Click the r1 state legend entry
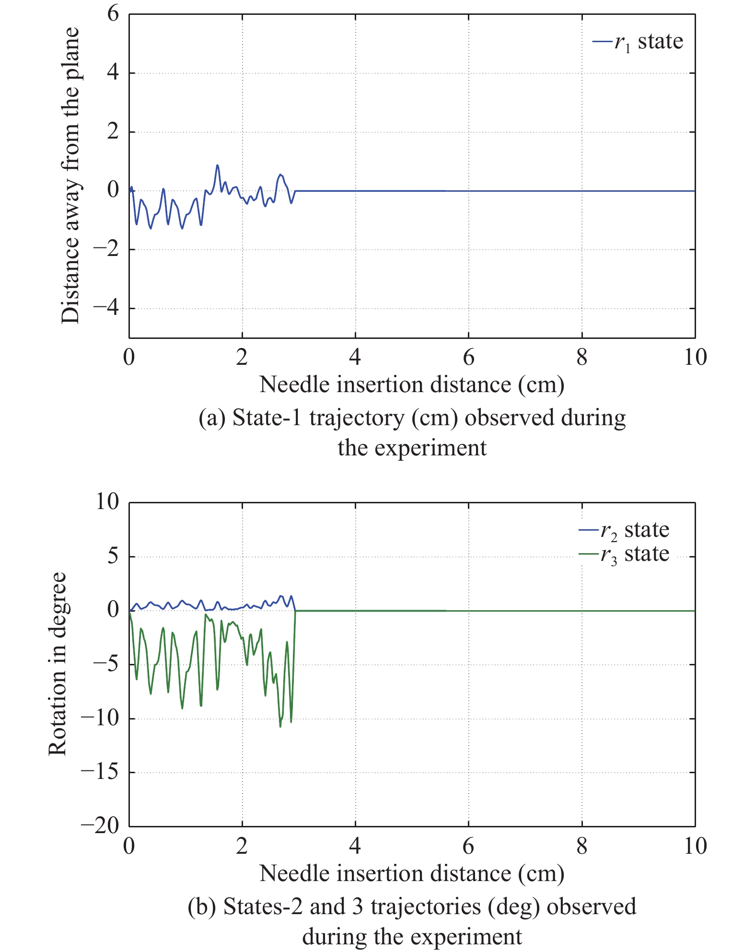coord(638,42)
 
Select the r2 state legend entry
coord(624,530)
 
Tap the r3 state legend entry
coord(624,554)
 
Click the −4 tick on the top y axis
coord(106,308)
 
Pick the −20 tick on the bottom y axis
coord(100,825)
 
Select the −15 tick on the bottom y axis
coord(100,771)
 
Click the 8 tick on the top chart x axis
coord(581,357)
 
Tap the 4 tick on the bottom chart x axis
coord(355,846)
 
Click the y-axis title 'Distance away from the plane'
coord(70,175)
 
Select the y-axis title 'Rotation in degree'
coord(58,664)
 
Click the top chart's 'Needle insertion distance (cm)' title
coord(412,385)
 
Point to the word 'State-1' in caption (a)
coord(267,418)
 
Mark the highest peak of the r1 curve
coord(217,165)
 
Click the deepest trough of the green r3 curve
coord(280,727)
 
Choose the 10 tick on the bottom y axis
coord(107,502)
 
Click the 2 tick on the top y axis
coord(113,131)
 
